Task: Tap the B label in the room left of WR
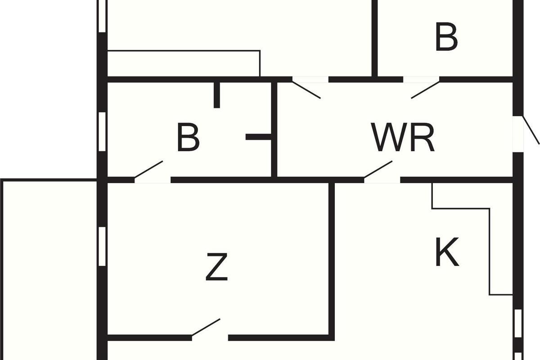point(188,138)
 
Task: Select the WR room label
point(404,138)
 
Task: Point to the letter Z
point(216,267)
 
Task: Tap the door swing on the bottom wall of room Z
point(207,328)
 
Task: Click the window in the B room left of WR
point(102,131)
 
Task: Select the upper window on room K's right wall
point(517,324)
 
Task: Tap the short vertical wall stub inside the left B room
point(216,94)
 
